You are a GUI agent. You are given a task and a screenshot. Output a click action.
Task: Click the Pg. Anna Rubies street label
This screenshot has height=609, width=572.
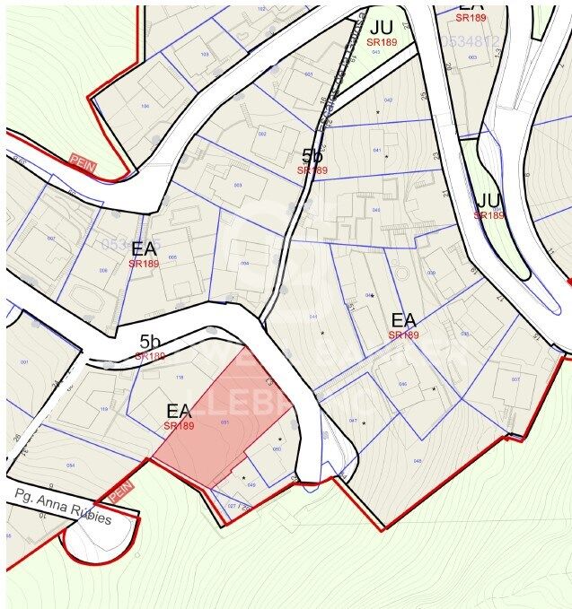[x=63, y=506]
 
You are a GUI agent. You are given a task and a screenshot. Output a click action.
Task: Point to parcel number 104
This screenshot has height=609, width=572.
[x=145, y=106]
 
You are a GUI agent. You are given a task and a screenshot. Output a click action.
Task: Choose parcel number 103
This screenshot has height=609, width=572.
[x=205, y=54]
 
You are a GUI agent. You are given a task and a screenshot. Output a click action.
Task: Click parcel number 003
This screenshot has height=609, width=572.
[x=237, y=186]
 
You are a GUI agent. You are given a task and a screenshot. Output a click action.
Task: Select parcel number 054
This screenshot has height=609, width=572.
[x=70, y=465]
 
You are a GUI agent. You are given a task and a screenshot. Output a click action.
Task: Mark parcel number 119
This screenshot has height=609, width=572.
[x=103, y=409]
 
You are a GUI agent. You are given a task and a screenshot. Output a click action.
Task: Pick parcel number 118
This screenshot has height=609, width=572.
[x=179, y=378]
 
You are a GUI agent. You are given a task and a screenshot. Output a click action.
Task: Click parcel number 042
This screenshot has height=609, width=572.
[x=388, y=100]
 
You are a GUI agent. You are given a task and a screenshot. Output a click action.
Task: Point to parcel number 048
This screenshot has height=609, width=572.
[x=417, y=461]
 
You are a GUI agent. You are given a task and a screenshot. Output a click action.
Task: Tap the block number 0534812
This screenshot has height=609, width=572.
[x=469, y=41]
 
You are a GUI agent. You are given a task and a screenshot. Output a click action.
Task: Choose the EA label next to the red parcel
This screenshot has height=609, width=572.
[x=179, y=412]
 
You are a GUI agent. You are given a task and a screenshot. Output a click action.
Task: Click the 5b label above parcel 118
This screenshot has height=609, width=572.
[x=150, y=342]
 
